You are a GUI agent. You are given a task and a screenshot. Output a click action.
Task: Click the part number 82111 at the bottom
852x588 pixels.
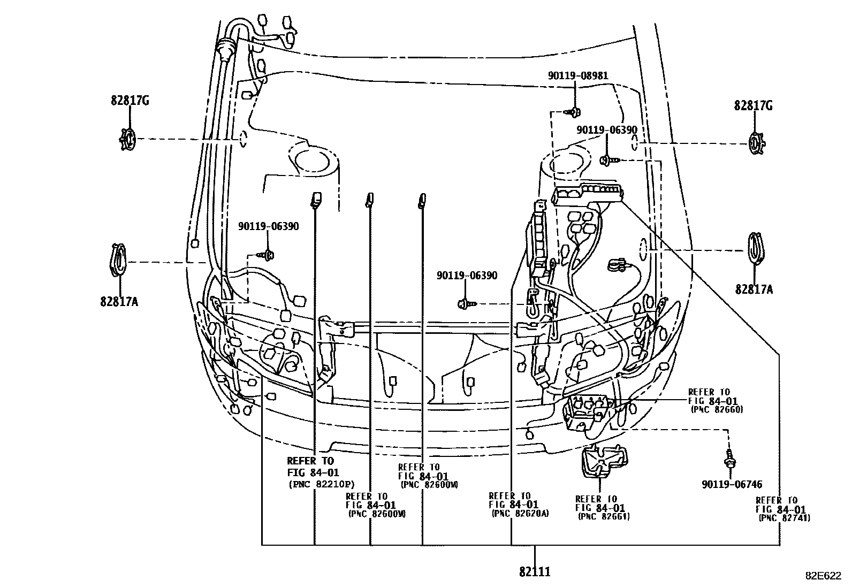pos(534,572)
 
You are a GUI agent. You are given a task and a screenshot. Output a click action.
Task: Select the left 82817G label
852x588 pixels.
pos(130,101)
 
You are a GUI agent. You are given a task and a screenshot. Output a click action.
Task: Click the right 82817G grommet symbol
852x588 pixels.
pos(755,143)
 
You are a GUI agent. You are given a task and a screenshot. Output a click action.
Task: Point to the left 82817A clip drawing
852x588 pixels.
pos(119,261)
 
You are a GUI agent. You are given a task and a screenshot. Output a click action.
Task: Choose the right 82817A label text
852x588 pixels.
pos(754,289)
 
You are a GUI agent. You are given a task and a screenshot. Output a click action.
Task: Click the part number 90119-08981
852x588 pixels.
pos(577,77)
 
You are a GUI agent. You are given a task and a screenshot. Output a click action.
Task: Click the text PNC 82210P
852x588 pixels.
pos(321,485)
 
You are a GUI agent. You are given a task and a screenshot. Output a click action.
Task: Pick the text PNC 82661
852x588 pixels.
pos(604,516)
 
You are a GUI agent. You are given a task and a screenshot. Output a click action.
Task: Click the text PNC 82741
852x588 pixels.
pos(784,518)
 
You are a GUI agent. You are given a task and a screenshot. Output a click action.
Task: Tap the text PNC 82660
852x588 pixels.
pos(717,409)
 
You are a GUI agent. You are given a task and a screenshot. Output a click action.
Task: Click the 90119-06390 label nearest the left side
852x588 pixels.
pos(269,226)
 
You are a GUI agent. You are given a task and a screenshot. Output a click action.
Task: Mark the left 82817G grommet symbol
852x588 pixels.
pos(127,139)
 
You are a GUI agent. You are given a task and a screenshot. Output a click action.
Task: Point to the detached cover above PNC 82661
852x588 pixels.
pos(603,460)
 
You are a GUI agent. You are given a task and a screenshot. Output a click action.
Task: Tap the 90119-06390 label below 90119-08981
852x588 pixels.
pos(607,130)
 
